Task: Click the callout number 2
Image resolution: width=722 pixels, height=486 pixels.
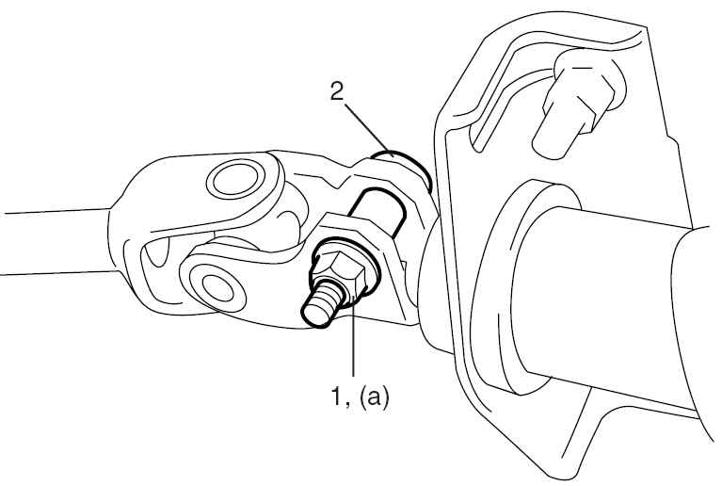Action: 337,92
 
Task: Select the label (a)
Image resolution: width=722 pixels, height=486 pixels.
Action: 375,397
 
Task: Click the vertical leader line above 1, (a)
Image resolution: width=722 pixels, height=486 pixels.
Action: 353,339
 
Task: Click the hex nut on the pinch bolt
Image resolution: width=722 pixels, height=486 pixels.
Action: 340,274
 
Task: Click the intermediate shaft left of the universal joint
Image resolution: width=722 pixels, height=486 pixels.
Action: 56,242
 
